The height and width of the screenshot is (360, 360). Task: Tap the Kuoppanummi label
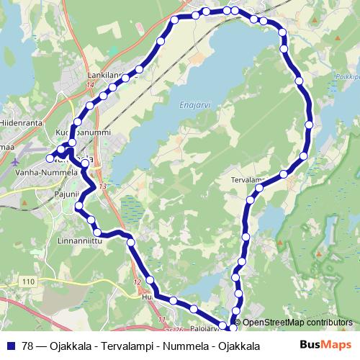[83, 132]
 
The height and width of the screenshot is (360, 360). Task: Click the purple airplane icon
[16, 161]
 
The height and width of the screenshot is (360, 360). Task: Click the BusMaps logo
[325, 345]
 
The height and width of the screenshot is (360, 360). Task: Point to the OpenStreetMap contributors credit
[297, 323]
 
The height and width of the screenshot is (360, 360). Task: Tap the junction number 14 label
[90, 86]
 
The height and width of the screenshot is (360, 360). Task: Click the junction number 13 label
[102, 186]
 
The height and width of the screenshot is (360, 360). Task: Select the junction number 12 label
[137, 282]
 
